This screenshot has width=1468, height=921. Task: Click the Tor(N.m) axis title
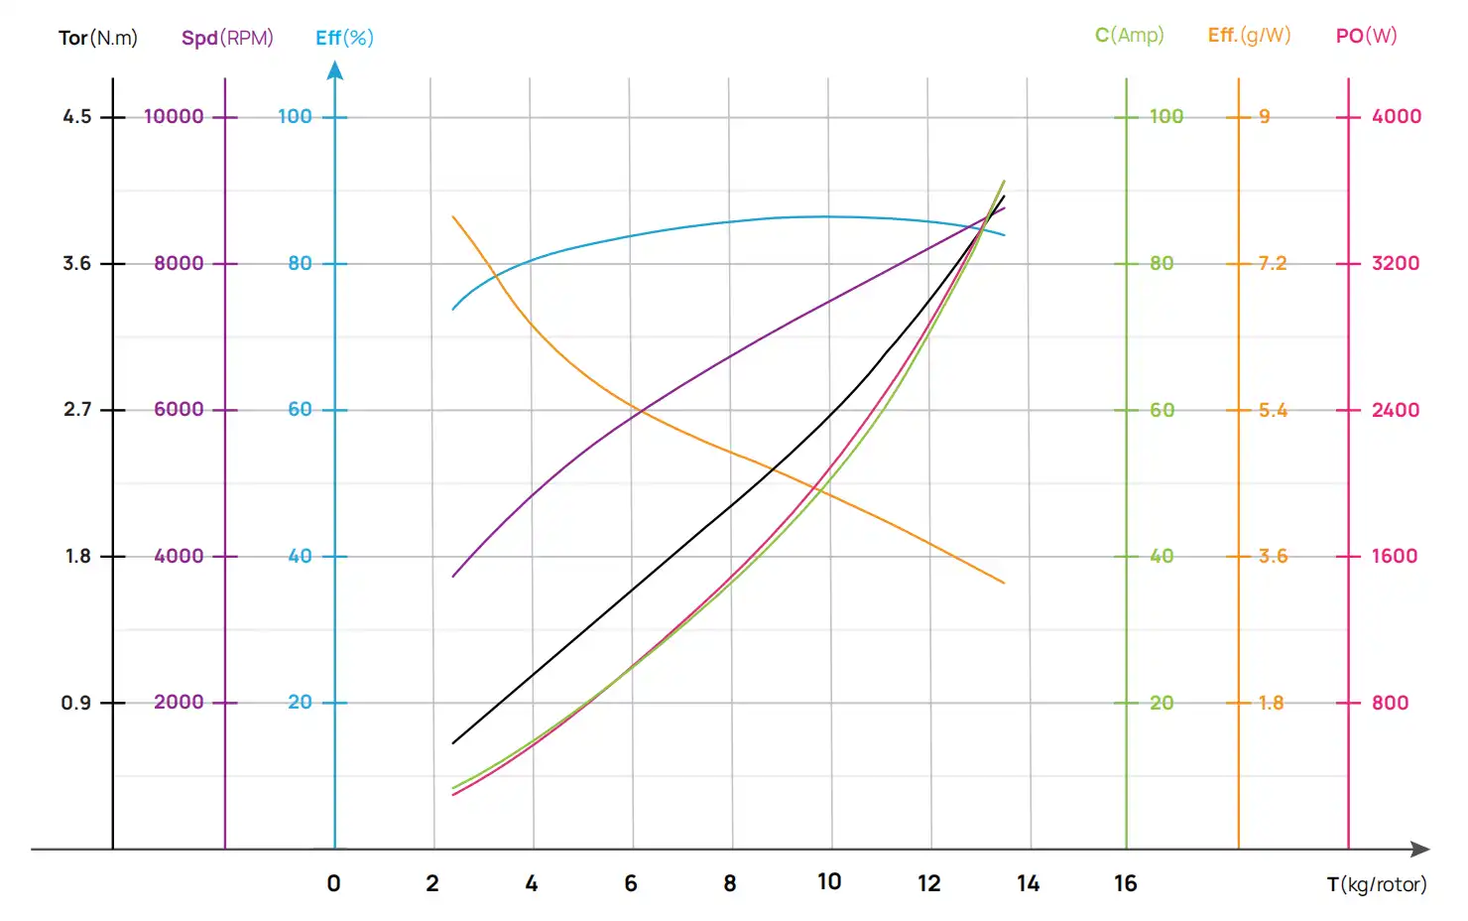pyautogui.click(x=98, y=38)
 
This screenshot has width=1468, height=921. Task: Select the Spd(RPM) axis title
pyautogui.click(x=227, y=38)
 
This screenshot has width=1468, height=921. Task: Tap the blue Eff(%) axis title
pyautogui.click(x=344, y=38)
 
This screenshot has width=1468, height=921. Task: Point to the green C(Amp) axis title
pyautogui.click(x=1129, y=35)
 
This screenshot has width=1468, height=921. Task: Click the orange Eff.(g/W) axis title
pyautogui.click(x=1249, y=35)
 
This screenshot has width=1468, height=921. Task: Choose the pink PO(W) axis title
pyautogui.click(x=1366, y=35)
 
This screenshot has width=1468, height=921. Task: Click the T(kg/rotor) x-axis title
pyautogui.click(x=1377, y=884)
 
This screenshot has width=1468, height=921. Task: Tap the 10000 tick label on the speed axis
pyautogui.click(x=174, y=116)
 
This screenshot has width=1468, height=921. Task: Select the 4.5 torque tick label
pyautogui.click(x=77, y=116)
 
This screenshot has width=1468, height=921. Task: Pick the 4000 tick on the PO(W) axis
pyautogui.click(x=1396, y=116)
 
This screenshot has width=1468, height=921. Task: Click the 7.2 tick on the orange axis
pyautogui.click(x=1272, y=263)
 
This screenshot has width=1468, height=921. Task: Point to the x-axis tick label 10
pyautogui.click(x=829, y=881)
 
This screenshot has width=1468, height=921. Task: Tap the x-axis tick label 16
pyautogui.click(x=1125, y=883)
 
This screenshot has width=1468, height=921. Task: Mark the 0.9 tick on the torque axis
pyautogui.click(x=76, y=703)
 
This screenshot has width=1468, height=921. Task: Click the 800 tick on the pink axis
pyautogui.click(x=1390, y=703)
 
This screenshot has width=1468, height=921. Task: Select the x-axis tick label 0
pyautogui.click(x=333, y=883)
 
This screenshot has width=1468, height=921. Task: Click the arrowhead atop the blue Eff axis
pyautogui.click(x=335, y=70)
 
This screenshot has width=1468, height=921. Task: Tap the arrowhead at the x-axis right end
pyautogui.click(x=1420, y=850)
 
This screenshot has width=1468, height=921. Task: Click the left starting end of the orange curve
pyautogui.click(x=453, y=216)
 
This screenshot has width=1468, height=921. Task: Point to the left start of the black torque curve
pyautogui.click(x=453, y=742)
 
